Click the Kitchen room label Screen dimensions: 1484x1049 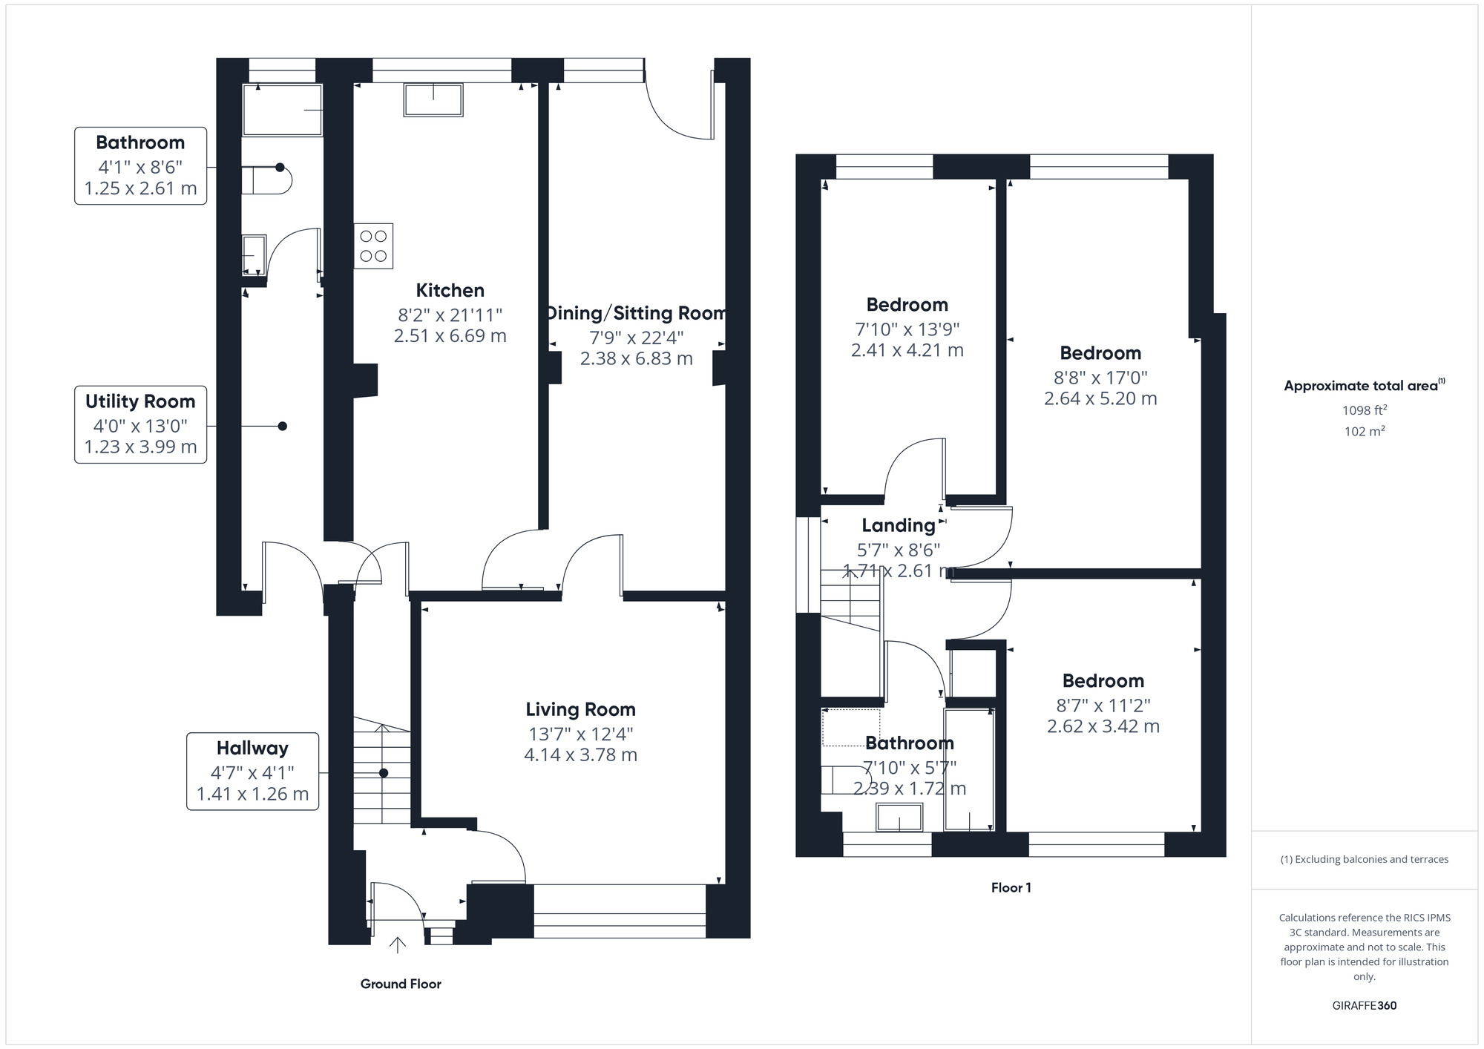(450, 291)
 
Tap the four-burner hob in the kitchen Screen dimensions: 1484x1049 (373, 246)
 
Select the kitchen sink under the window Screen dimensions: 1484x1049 (433, 100)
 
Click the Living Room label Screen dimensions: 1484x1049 (580, 710)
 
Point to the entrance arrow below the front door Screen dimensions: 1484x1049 (398, 944)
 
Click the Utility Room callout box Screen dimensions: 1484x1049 (141, 424)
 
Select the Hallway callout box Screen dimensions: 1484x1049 (252, 772)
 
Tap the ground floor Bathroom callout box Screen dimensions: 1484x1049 (141, 165)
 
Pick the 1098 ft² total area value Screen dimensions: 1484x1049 (1365, 410)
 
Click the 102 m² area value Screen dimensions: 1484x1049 (1365, 431)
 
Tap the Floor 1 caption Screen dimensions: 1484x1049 (1011, 888)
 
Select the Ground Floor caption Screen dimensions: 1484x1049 (401, 984)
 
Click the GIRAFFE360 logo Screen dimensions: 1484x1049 (1365, 1006)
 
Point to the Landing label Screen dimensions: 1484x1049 (899, 526)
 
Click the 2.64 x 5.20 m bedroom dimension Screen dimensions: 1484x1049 (1100, 399)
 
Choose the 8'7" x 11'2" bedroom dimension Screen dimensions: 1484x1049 (1103, 706)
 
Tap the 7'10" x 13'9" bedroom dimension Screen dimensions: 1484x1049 (907, 329)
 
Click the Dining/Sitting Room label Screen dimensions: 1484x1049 (637, 314)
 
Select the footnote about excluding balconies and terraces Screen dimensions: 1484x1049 (1365, 860)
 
